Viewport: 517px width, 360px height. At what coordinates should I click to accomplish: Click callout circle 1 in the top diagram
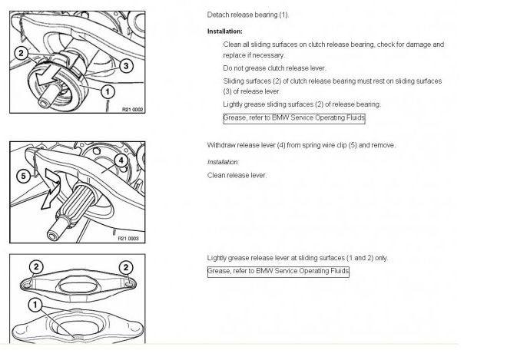click(x=108, y=91)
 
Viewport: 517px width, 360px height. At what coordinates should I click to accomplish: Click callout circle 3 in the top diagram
click(x=126, y=65)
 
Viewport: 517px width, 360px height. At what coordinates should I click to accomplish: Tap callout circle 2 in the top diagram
click(x=22, y=53)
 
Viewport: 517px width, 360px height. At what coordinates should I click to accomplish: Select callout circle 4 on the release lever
click(x=121, y=160)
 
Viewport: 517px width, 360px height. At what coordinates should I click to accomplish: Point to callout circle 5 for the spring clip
click(x=23, y=176)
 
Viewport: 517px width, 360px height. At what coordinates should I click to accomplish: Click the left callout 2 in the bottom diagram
click(x=36, y=267)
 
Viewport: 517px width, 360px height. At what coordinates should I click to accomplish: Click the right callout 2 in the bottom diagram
click(x=126, y=267)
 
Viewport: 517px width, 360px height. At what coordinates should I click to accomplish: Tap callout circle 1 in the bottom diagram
click(x=35, y=305)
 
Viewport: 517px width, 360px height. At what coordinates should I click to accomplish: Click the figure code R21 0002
click(x=133, y=109)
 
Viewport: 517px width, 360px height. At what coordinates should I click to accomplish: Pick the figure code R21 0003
click(x=128, y=239)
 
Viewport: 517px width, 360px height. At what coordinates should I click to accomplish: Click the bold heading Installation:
click(x=225, y=31)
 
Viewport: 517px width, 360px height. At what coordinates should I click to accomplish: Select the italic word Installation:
click(x=223, y=162)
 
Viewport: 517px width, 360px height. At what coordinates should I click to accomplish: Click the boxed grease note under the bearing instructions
click(x=294, y=118)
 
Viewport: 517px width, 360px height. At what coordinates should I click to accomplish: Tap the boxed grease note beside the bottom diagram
click(x=278, y=272)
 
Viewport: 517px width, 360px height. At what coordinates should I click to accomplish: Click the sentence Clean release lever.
click(x=237, y=175)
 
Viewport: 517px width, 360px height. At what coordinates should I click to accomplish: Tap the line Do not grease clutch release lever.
click(x=274, y=68)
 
